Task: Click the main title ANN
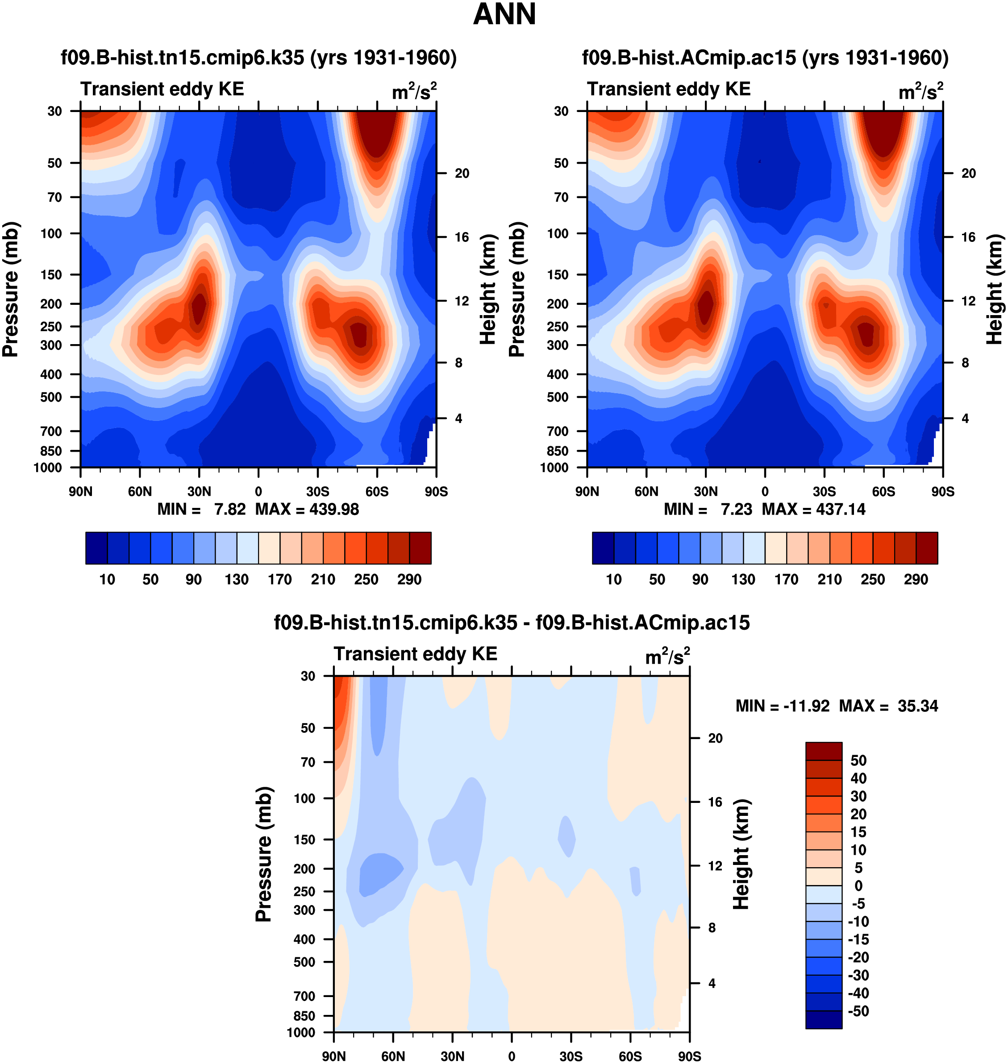[x=504, y=14]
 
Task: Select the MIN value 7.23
[x=736, y=509]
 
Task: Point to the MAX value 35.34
[x=918, y=706]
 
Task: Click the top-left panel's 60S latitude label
[x=377, y=491]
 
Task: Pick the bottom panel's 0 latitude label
[x=512, y=1056]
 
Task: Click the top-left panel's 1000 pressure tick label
[x=47, y=467]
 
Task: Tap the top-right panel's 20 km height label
[x=968, y=174]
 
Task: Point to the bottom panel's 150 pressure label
[x=304, y=839]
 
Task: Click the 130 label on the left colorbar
[x=237, y=580]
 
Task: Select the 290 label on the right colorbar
[x=916, y=580]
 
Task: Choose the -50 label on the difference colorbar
[x=858, y=1011]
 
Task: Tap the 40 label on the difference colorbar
[x=858, y=778]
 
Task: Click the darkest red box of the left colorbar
[x=420, y=548]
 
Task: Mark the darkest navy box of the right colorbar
[x=603, y=548]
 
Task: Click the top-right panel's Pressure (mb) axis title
[x=516, y=290]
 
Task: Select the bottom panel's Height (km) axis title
[x=741, y=854]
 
